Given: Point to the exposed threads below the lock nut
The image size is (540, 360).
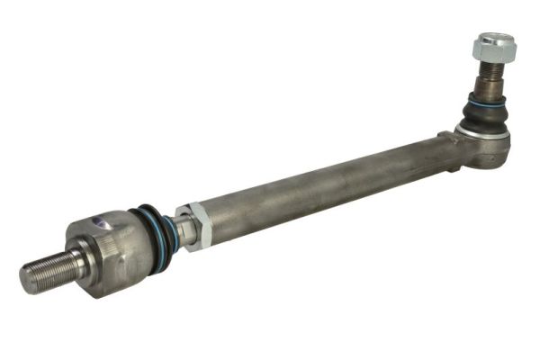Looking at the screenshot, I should click(x=490, y=68).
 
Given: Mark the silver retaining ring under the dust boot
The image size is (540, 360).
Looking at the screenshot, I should click(x=483, y=132).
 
